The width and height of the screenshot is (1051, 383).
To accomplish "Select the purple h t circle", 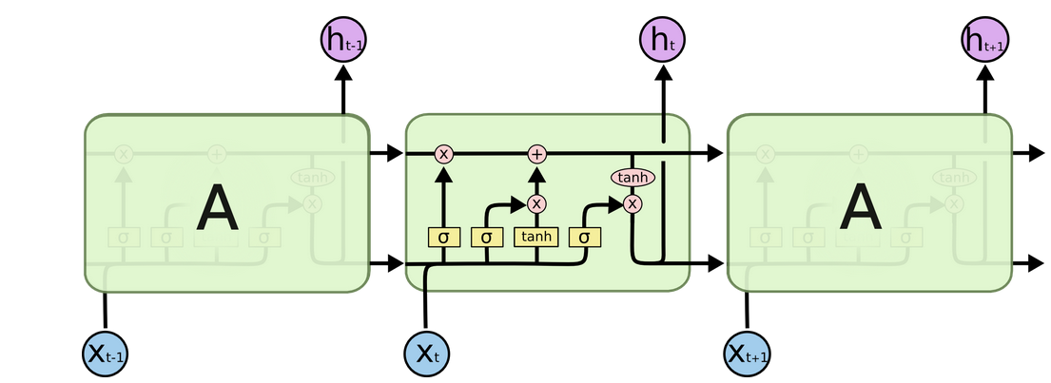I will pyautogui.click(x=663, y=40).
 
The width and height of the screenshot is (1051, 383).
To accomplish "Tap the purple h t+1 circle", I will pyautogui.click(x=984, y=40).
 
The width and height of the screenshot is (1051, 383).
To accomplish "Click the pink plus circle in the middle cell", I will pyautogui.click(x=537, y=154).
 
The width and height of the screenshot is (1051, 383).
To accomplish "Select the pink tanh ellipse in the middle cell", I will pyautogui.click(x=633, y=178).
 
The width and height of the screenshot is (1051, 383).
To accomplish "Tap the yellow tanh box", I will pyautogui.click(x=536, y=237).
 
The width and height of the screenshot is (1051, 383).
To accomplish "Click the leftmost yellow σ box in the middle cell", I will pyautogui.click(x=443, y=237).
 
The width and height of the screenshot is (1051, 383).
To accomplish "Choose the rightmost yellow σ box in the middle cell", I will pyautogui.click(x=584, y=237).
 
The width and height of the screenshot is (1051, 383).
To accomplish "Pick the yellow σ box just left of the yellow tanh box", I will pyautogui.click(x=487, y=237).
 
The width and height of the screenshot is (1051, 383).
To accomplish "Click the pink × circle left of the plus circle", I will pyautogui.click(x=443, y=154).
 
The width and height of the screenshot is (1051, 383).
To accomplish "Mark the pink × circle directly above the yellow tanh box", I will pyautogui.click(x=536, y=203).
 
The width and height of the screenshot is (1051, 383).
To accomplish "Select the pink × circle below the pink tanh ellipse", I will pyautogui.click(x=633, y=203).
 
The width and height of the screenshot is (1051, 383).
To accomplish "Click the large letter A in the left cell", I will pyautogui.click(x=217, y=209).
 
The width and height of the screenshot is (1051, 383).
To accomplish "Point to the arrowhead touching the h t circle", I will pyautogui.click(x=663, y=72).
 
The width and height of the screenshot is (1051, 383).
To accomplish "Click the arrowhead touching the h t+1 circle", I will pyautogui.click(x=984, y=72).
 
